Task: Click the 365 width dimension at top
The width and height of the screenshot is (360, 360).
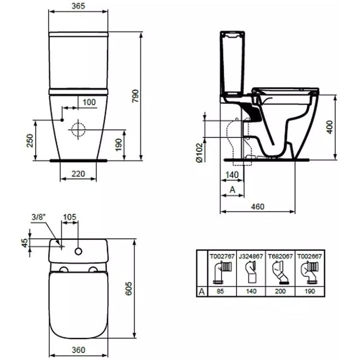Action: coord(78,6)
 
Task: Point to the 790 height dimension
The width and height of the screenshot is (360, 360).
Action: coord(136,96)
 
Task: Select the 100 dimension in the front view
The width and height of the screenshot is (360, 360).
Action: coord(89,102)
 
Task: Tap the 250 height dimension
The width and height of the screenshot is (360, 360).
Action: coord(30,140)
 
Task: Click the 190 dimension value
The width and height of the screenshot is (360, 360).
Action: coord(119,145)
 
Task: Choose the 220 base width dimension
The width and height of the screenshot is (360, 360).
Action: coord(78,174)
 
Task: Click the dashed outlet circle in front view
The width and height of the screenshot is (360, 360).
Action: coord(78,130)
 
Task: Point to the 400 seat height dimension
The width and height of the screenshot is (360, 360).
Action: coord(330,127)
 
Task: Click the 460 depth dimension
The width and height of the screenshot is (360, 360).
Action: coord(257,206)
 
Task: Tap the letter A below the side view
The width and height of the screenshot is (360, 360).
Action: coord(233,190)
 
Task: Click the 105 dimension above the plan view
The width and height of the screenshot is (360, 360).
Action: coord(70,217)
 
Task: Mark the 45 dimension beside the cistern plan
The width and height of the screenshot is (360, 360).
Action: coord(24,243)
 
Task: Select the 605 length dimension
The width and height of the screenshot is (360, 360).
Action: coord(129,288)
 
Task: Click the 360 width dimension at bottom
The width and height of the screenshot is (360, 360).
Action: coord(79,350)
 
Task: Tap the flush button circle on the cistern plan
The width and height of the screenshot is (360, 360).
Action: coord(79,251)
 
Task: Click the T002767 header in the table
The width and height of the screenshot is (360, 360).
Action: coord(222,256)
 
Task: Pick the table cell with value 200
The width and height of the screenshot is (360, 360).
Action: coord(280,291)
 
